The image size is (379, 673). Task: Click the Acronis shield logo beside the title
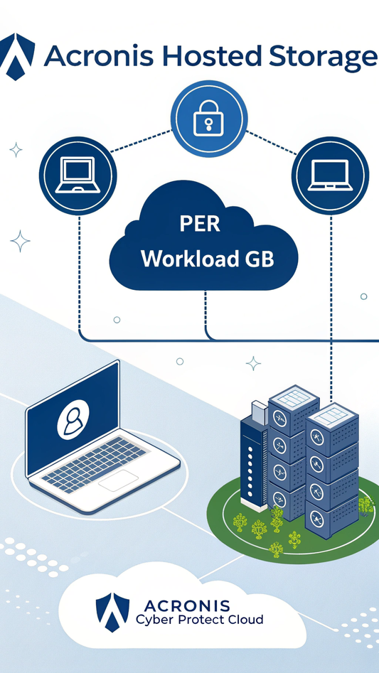click(16, 56)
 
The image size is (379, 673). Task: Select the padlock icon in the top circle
click(208, 118)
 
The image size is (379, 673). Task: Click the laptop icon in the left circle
click(78, 175)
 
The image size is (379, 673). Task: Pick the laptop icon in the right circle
click(331, 176)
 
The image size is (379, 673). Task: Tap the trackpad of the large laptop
click(119, 480)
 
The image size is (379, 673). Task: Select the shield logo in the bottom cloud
click(112, 612)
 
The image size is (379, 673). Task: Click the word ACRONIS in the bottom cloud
click(187, 606)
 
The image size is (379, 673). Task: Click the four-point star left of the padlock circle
click(16, 150)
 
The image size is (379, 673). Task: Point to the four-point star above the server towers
click(253, 363)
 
